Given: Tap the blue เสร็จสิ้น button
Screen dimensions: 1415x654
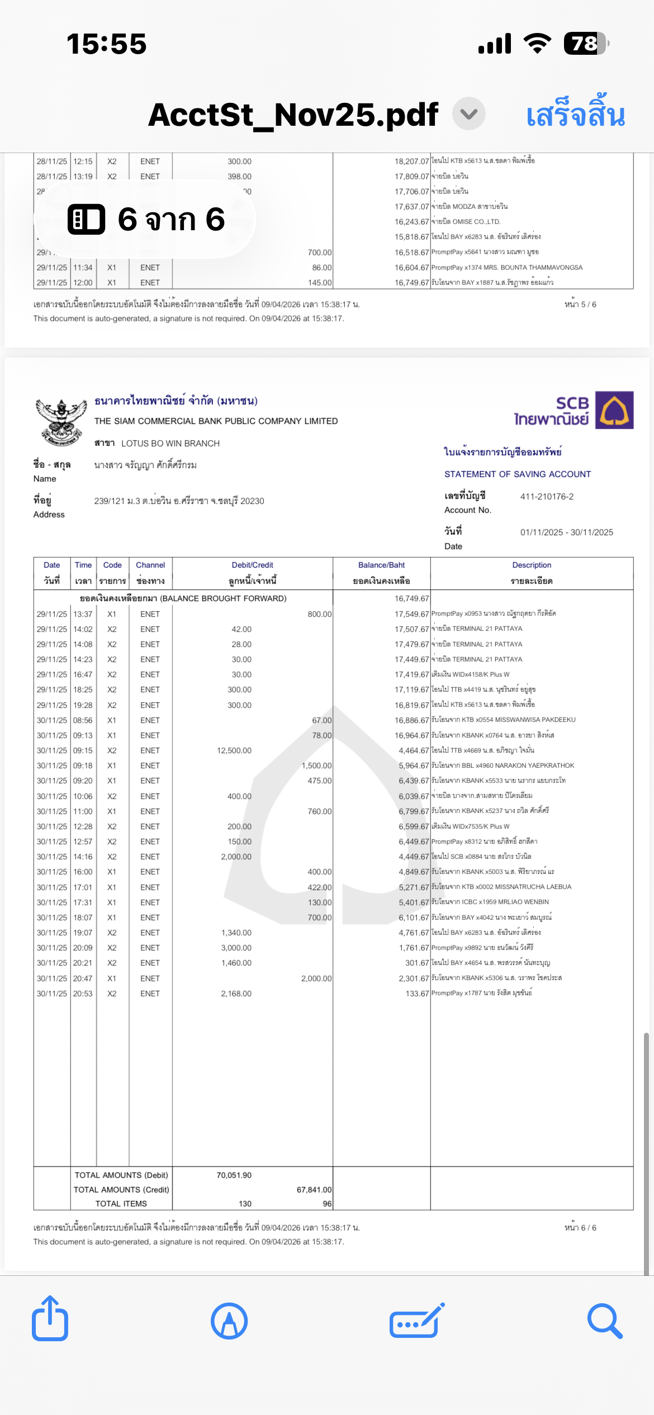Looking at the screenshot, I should [x=575, y=115].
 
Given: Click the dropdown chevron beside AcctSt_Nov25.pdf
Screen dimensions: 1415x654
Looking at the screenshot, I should [x=468, y=114].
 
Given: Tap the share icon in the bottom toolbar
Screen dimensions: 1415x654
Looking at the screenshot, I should [x=50, y=1319].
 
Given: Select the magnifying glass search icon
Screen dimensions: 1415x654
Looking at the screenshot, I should [x=605, y=1321].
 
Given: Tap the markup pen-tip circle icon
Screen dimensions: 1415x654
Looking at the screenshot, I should [x=229, y=1321].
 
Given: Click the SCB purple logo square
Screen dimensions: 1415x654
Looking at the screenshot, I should [x=614, y=410].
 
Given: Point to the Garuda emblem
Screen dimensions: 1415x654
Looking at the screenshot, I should [x=61, y=422].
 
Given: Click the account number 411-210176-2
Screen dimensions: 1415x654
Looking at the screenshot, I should [x=547, y=496].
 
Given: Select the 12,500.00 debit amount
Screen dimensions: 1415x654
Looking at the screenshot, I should [x=234, y=751].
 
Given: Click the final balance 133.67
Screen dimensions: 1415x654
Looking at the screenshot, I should [x=417, y=994].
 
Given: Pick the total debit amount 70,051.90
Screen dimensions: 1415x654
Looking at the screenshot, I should [x=234, y=1175].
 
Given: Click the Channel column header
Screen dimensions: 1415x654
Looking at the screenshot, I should [x=150, y=566].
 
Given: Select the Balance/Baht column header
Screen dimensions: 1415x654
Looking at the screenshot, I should [x=381, y=566].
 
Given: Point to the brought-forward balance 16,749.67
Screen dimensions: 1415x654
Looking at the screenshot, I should [x=411, y=599].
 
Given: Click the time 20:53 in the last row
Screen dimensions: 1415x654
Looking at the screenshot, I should [x=83, y=994].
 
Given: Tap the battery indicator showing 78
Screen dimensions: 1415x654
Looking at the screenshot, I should [x=585, y=44].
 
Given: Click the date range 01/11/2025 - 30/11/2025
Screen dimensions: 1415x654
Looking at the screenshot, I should [x=566, y=532].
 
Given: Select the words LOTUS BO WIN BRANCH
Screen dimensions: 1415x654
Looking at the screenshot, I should [x=170, y=443].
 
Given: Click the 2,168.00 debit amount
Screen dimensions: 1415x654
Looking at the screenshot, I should [x=236, y=994].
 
